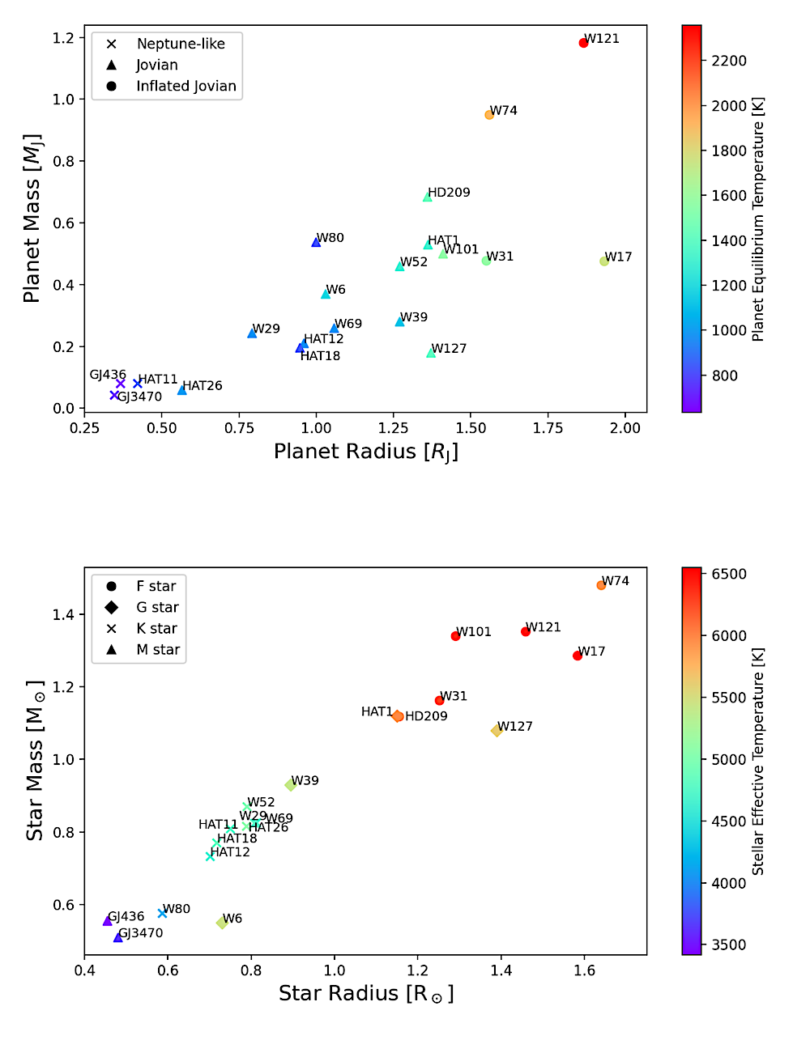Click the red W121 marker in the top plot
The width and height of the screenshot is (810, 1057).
(583, 43)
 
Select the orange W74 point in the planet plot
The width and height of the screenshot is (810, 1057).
(489, 115)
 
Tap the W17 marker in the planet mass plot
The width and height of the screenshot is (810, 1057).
(604, 261)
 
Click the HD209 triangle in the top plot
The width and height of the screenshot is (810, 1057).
(428, 197)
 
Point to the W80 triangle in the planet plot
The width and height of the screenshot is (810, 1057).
(316, 242)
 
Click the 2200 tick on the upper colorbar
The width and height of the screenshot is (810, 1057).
(729, 61)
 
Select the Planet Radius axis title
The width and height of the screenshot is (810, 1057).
(366, 452)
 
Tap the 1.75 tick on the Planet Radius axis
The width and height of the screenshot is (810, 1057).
(548, 428)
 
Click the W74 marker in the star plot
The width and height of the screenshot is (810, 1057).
(601, 585)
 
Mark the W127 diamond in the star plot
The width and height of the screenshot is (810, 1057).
(497, 731)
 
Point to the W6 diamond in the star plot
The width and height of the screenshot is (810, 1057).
(221, 923)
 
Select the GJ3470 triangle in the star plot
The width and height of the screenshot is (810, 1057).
(118, 937)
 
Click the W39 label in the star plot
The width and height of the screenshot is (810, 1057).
(305, 780)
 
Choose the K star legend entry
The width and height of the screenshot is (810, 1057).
(156, 628)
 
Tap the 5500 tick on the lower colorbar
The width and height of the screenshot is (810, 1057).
(729, 698)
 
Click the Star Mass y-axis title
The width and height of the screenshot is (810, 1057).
(34, 761)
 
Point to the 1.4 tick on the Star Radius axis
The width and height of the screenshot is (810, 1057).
(501, 970)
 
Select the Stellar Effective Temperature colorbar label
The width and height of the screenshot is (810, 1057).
(757, 761)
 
